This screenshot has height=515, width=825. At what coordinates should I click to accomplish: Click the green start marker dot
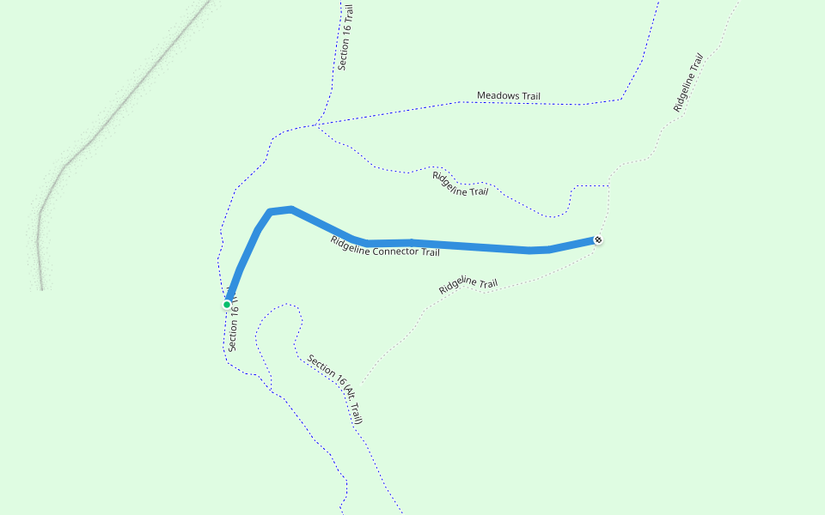tap(227, 304)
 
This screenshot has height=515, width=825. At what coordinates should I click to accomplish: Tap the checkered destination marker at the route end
tap(598, 240)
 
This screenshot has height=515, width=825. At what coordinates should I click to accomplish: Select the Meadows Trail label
tap(509, 96)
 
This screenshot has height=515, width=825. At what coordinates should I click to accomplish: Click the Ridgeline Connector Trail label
tap(385, 246)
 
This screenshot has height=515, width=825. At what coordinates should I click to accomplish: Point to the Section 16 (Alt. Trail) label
tap(336, 390)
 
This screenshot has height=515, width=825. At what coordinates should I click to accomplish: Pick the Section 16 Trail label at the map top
tap(345, 38)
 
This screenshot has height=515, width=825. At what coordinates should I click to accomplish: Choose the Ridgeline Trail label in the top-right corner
tap(689, 82)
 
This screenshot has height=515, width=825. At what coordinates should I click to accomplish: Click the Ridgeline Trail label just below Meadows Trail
tap(460, 184)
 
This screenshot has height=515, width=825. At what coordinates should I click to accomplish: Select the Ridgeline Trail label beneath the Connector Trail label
tap(468, 285)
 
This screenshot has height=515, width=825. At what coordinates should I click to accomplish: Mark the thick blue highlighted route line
tap(464, 246)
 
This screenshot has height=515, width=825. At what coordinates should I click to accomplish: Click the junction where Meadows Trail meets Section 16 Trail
tap(315, 125)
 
